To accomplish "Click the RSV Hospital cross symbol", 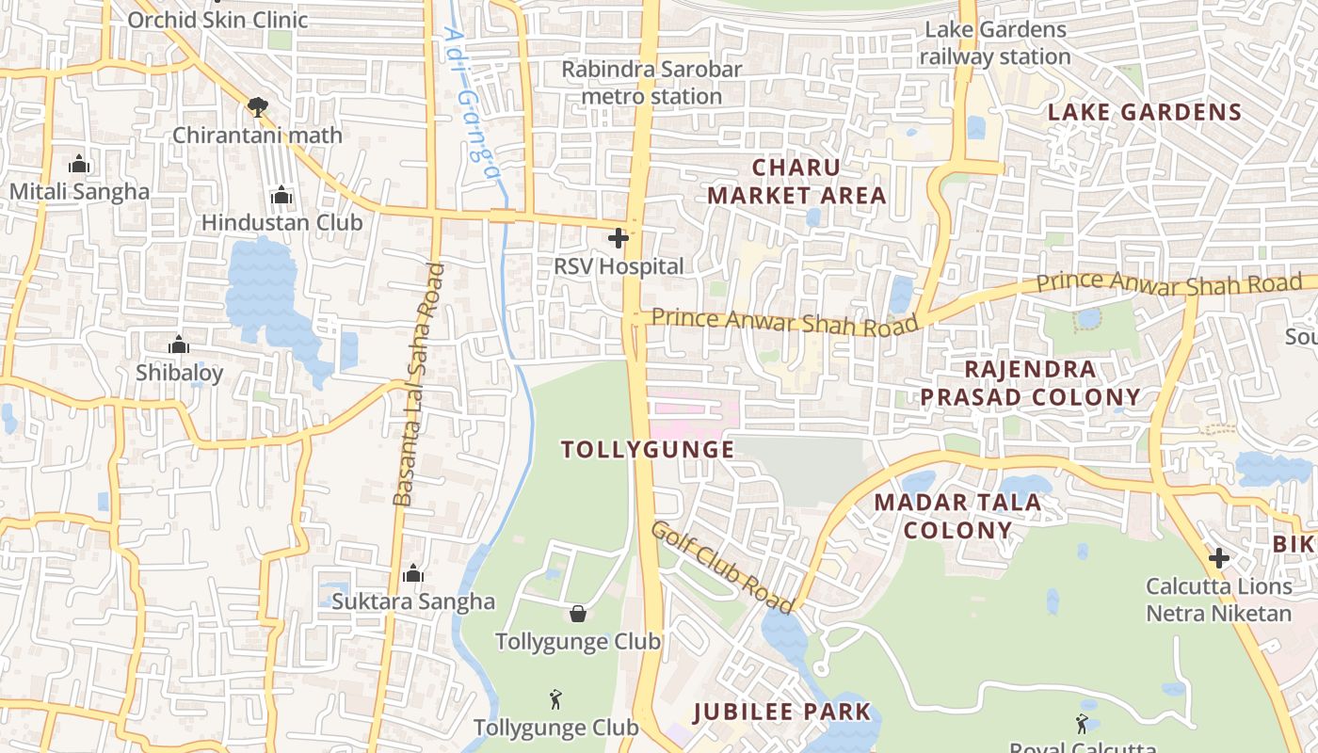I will pos(619,238).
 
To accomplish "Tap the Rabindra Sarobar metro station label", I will pos(651,83).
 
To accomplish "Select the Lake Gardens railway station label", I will pos(995,43).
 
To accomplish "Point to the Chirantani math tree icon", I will pos(257,107).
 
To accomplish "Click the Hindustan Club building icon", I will pos(281,196).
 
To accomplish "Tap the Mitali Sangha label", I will pos(79,192).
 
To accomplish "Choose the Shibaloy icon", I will pos(179,344).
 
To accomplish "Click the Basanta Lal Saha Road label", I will pos(418,385).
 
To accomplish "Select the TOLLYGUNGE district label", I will pos(648,450).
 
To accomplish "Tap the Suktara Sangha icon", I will pos(412,574).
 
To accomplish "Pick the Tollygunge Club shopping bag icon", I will pos(578,615).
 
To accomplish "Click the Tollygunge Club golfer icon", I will pos(555,700).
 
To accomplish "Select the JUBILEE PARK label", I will pos(782,712).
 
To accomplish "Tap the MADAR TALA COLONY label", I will pos(957,516).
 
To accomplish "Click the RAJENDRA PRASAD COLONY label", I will pos(1030,383).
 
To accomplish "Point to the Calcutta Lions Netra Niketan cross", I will pos(1218,558).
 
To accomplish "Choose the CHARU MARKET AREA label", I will pos(796,182).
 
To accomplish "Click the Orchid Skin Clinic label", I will pos(217,20).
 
